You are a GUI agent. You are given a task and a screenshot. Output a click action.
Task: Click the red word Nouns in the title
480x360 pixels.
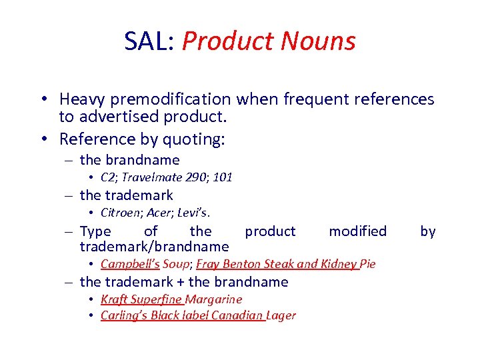coord(318,41)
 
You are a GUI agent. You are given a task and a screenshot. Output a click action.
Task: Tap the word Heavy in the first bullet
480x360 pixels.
coord(81,100)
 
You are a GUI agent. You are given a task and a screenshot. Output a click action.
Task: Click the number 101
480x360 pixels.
coord(223,177)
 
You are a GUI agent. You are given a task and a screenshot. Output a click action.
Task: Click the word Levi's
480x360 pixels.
coord(195,213)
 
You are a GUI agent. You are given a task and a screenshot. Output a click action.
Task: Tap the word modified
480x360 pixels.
coord(357,231)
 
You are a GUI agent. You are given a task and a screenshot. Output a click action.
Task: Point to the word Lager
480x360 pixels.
coord(281,315)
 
